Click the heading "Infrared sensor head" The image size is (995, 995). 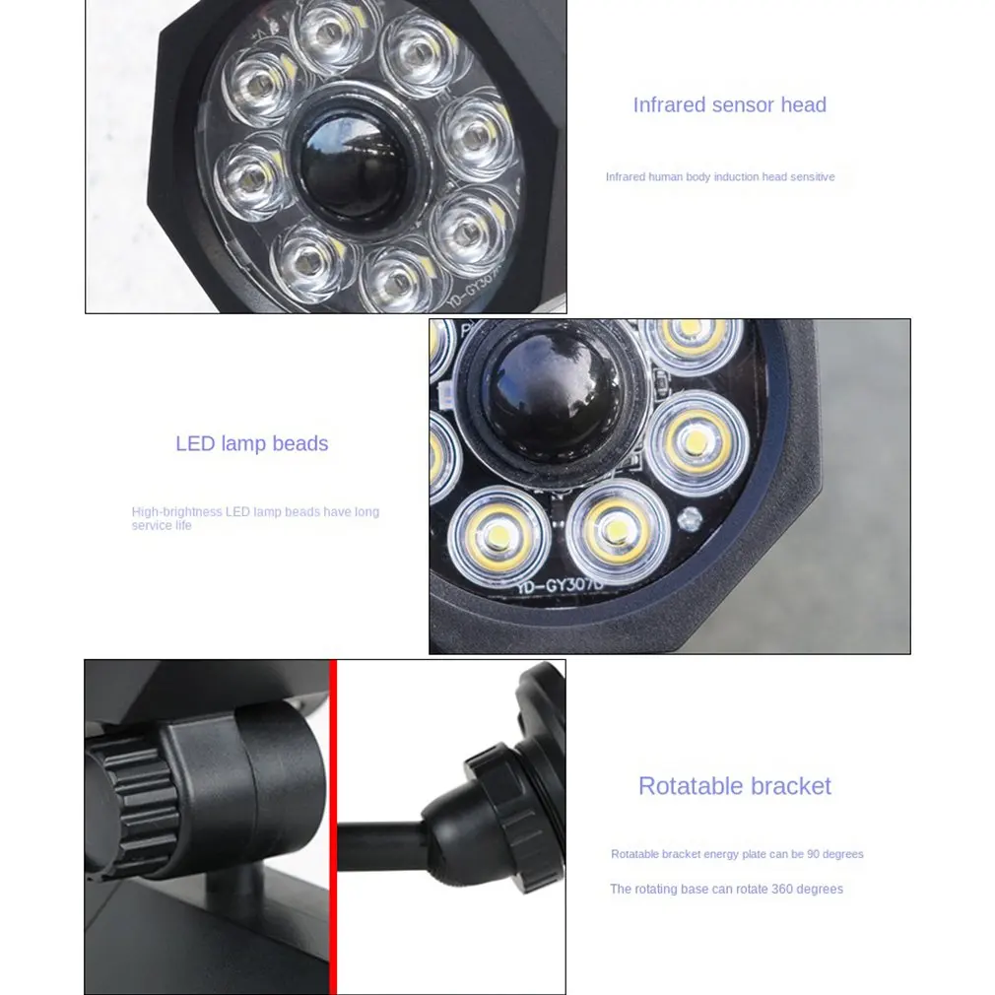pyautogui.click(x=729, y=105)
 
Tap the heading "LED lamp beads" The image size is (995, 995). pyautogui.click(x=251, y=444)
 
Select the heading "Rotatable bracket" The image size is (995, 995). pyautogui.click(x=734, y=786)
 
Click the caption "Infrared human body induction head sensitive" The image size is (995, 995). pyautogui.click(x=719, y=177)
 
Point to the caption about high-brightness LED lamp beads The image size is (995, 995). pyautogui.click(x=255, y=518)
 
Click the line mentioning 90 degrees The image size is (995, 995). pyautogui.click(x=737, y=854)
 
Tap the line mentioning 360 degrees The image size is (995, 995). pyautogui.click(x=726, y=890)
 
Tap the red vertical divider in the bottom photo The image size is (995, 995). pyautogui.click(x=333, y=828)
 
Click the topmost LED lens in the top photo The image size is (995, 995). pyautogui.click(x=327, y=34)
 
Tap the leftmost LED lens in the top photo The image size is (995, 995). pyautogui.click(x=248, y=177)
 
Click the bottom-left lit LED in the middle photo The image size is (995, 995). pyautogui.click(x=498, y=534)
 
